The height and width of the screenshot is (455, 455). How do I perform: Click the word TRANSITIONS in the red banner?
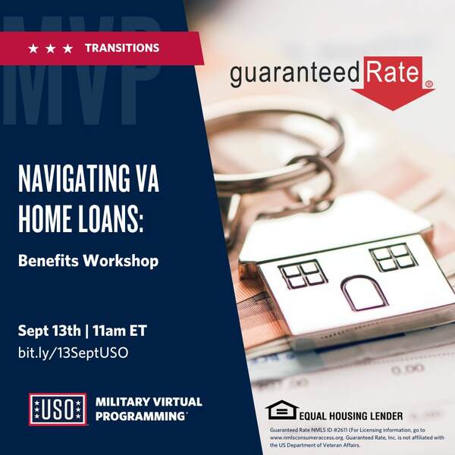click(122, 48)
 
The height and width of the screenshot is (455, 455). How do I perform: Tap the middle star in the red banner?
click(51, 49)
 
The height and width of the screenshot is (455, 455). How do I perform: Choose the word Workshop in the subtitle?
click(121, 261)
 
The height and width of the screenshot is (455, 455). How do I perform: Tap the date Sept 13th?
click(49, 331)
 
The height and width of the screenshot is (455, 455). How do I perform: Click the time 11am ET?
click(120, 331)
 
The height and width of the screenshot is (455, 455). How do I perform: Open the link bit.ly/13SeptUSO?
click(73, 353)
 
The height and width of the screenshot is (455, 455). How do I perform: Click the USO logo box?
click(58, 409)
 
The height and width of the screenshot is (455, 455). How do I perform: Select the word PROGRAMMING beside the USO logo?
click(140, 416)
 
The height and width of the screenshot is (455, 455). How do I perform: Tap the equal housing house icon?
click(282, 409)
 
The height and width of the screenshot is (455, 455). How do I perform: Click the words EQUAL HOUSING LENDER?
click(351, 416)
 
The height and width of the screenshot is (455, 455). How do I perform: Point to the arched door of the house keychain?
click(364, 293)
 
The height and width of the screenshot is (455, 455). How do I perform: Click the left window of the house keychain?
click(303, 274)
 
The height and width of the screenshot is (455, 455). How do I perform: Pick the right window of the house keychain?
click(394, 256)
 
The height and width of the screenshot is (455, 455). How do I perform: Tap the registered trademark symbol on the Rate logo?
click(429, 84)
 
